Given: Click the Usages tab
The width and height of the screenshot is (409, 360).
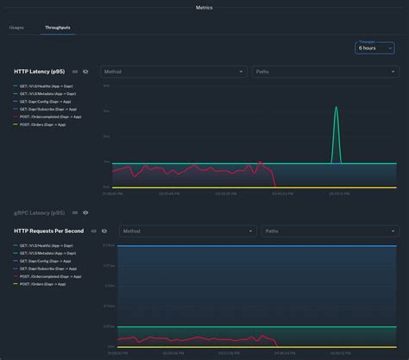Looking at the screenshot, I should [16, 28].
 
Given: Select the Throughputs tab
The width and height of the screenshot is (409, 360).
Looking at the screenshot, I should [57, 28].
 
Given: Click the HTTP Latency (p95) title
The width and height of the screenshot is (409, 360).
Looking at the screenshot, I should [39, 72].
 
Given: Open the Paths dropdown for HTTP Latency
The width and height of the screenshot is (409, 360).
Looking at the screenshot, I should [324, 72].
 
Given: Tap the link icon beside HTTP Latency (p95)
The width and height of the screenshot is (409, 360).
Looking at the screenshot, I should [75, 72].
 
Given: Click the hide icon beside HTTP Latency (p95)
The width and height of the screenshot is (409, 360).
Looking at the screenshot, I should [86, 72].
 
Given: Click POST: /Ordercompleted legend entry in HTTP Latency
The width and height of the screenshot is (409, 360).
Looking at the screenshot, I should [47, 117].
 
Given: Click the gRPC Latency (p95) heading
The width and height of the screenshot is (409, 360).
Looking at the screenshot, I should [39, 212].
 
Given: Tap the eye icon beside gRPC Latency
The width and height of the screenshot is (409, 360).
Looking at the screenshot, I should [85, 212].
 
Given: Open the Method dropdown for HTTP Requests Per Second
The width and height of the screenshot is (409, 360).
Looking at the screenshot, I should [186, 231].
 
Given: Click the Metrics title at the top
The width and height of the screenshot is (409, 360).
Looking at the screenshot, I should [204, 7].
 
